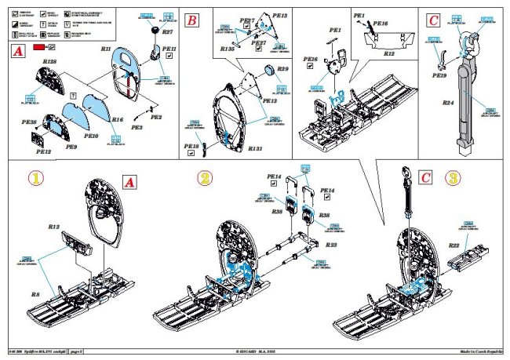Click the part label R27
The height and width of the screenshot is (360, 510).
(x=167, y=32)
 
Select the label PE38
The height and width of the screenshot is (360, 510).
(x=29, y=123)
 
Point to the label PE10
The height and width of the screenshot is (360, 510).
(x=91, y=136)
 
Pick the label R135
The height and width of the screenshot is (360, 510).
(x=228, y=49)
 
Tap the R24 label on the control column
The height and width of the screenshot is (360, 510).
(x=448, y=103)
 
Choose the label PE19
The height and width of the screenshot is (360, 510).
(x=439, y=77)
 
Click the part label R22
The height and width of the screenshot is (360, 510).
(x=454, y=245)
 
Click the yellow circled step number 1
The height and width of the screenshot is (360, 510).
(x=35, y=179)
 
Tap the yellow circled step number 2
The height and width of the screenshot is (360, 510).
(x=204, y=179)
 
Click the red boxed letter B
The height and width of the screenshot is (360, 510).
(x=191, y=21)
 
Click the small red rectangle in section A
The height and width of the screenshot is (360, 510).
(x=38, y=48)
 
